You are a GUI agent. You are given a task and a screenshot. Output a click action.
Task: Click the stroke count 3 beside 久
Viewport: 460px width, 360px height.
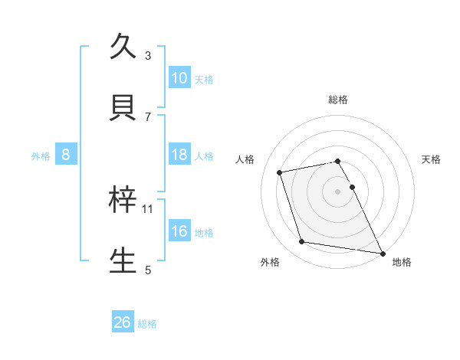[x=148, y=55]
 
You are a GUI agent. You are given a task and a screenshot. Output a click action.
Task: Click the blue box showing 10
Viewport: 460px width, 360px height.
[x=179, y=78]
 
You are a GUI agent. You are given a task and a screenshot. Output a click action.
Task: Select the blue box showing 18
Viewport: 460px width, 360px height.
[x=179, y=155]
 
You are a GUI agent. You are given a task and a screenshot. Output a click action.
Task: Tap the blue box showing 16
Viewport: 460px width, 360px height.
[x=179, y=231]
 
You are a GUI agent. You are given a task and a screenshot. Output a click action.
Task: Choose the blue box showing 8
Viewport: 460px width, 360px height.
[x=66, y=155]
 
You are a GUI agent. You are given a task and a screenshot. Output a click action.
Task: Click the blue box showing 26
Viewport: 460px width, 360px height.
[x=123, y=322]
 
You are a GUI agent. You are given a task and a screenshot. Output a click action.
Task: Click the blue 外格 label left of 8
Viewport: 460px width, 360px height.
[x=41, y=155]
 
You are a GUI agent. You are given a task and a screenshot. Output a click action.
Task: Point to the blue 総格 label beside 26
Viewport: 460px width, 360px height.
[x=147, y=324]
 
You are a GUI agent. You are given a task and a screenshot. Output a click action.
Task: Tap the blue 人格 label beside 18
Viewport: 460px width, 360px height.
[x=204, y=155]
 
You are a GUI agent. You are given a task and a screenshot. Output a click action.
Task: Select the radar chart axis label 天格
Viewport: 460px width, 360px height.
[x=432, y=159]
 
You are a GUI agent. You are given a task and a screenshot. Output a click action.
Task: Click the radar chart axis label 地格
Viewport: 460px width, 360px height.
[x=402, y=262]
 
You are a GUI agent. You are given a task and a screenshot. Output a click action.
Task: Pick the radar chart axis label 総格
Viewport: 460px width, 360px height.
[x=338, y=100]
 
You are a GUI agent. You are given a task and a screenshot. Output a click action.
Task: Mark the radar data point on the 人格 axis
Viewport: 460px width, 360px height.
[x=280, y=172]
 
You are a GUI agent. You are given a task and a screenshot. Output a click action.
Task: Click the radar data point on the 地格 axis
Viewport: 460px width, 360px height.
[x=382, y=253]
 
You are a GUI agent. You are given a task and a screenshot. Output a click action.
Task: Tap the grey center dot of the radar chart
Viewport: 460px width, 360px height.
[x=338, y=191]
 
